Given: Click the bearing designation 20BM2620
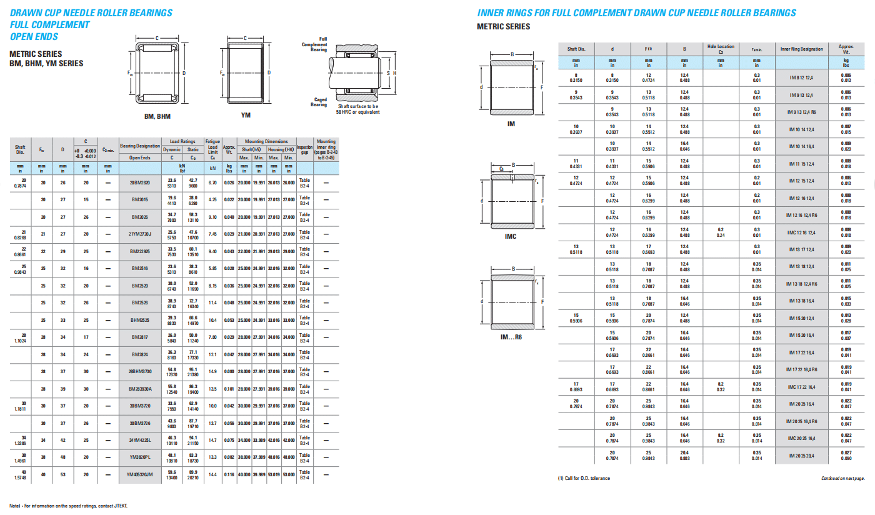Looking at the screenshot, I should click(x=139, y=182).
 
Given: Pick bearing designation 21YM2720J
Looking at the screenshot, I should click(x=139, y=234).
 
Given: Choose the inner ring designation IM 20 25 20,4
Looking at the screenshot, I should click(x=802, y=454).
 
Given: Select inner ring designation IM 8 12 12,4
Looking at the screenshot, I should click(x=802, y=77).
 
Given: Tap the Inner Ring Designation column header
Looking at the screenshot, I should click(x=802, y=49).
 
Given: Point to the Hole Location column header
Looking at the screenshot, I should click(x=721, y=49).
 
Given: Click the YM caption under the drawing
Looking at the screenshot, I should click(x=246, y=116).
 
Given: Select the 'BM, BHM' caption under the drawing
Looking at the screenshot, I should click(x=157, y=116).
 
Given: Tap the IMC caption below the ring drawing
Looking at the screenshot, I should click(x=511, y=237).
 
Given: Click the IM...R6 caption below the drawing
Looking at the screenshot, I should click(x=511, y=337).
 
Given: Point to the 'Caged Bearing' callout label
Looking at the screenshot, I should click(x=319, y=102).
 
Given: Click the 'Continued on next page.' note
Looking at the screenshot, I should click(x=842, y=478).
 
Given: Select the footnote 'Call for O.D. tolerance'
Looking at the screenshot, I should click(x=584, y=478).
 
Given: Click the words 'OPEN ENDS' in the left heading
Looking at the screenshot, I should click(x=35, y=37).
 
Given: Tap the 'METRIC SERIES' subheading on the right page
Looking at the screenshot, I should click(x=503, y=26).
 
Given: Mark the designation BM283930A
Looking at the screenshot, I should click(x=139, y=389).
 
